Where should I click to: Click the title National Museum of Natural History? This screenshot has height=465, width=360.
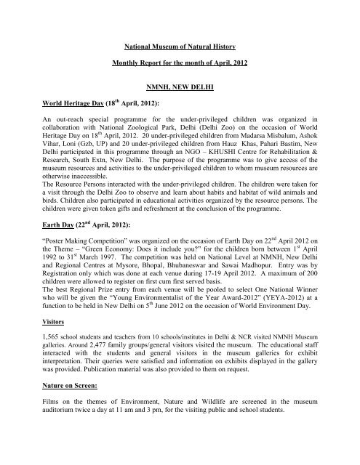pos(179,44)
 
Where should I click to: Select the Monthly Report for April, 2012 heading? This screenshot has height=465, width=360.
pos(179,63)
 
